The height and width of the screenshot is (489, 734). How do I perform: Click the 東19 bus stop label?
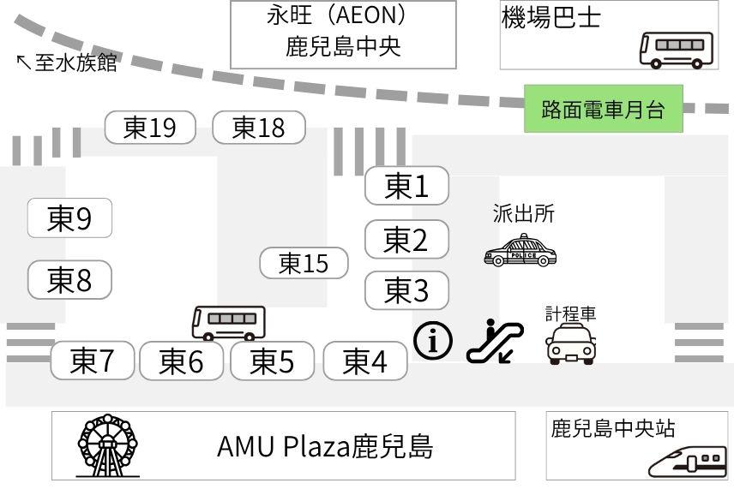tap(150, 128)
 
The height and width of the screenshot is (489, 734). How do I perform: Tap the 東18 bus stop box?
tap(258, 128)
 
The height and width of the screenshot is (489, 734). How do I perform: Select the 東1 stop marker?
tap(406, 186)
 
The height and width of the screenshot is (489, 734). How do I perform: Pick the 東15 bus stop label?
tap(304, 263)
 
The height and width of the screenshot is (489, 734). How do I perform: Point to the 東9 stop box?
tap(69, 219)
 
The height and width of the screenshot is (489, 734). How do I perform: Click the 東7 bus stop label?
tap(93, 361)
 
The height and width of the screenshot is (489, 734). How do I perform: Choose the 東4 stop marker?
tap(365, 361)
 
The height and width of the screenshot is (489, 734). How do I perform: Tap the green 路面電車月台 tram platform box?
tap(604, 109)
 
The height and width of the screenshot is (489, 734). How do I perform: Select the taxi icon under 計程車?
tap(571, 344)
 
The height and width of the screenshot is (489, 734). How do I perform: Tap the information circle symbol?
tap(433, 341)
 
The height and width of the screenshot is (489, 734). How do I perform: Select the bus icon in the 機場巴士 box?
tap(677, 49)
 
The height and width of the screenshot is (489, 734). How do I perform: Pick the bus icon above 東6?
tap(228, 322)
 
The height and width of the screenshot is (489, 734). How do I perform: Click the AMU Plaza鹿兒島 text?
tap(325, 446)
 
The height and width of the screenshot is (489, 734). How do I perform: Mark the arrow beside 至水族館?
tap(23, 62)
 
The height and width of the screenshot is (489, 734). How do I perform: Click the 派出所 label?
tap(523, 214)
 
